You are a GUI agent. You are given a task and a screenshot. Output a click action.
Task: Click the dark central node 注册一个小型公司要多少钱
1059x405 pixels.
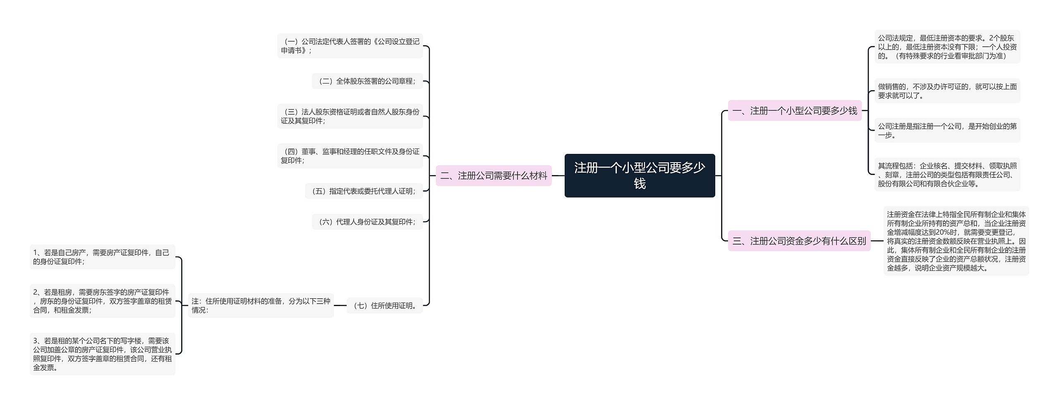click(640, 175)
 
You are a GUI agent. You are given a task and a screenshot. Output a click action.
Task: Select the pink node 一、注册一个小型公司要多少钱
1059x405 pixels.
click(794, 111)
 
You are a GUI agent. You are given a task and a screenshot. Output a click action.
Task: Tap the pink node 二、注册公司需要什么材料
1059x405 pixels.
click(494, 176)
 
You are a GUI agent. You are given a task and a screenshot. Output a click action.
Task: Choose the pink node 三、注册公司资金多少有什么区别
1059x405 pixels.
click(799, 241)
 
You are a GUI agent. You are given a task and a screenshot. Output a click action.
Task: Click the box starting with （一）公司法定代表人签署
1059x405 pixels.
click(350, 46)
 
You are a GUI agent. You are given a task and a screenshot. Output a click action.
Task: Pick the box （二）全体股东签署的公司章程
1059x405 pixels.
click(367, 81)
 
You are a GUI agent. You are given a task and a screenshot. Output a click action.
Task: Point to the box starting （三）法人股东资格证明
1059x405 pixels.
click(350, 116)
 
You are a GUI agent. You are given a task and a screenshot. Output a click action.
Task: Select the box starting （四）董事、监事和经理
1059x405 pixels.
click(350, 156)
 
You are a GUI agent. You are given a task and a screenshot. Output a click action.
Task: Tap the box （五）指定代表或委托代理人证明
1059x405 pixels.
click(364, 191)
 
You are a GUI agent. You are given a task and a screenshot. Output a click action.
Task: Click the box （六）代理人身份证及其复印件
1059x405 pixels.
click(367, 222)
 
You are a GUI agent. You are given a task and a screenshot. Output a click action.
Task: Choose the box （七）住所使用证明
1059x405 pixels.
click(385, 306)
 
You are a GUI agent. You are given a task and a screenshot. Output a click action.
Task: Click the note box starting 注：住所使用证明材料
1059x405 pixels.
click(261, 306)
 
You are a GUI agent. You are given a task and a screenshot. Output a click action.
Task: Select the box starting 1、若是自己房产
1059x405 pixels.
click(102, 257)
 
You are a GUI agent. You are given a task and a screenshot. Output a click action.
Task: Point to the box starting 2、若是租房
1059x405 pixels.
click(102, 301)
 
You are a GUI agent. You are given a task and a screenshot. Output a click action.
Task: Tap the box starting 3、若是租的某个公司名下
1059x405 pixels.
click(102, 354)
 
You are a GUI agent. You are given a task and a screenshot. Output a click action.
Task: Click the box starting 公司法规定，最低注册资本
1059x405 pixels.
click(947, 47)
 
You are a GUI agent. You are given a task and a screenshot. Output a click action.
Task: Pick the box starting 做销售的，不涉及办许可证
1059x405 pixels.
click(947, 91)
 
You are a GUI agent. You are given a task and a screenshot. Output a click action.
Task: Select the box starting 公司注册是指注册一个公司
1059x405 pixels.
click(947, 131)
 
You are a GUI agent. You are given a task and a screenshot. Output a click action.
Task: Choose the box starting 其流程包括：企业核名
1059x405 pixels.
click(947, 175)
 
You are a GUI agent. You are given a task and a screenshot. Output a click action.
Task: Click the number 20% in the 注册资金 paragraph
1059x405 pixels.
click(944, 232)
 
